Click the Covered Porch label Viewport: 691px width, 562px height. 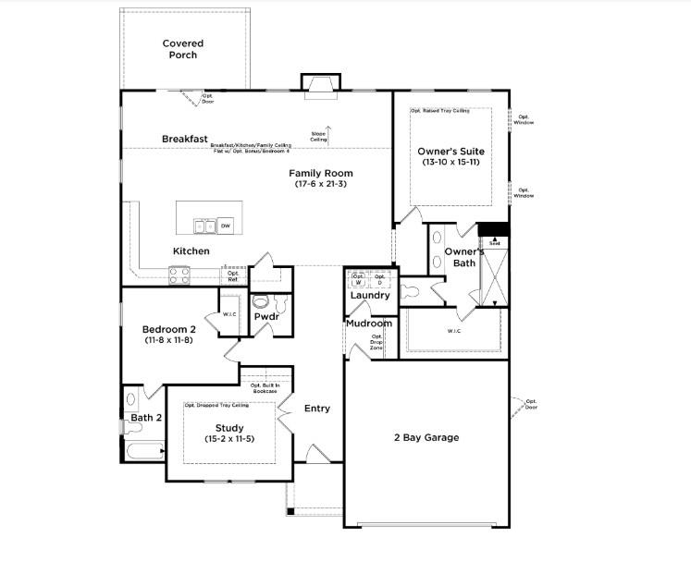pos(182,49)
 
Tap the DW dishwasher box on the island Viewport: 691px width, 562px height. pos(226,225)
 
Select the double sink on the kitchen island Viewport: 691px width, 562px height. pos(204,225)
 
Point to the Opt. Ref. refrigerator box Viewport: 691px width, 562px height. pos(233,274)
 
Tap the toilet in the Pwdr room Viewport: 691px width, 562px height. pos(262,301)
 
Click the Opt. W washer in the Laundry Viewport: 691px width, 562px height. pos(358,278)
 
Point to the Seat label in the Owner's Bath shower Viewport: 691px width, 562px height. pos(495,243)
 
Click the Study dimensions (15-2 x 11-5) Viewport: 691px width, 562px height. pos(229,439)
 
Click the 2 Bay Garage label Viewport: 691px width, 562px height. pos(426,437)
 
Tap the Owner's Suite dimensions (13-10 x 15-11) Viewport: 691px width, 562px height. pos(450,164)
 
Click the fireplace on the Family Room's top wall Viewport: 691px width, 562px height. pos(320,85)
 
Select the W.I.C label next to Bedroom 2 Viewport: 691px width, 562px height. pos(229,315)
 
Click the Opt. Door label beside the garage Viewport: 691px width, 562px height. pos(531,404)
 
